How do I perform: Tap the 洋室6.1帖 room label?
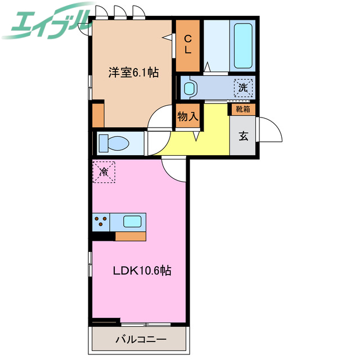click(x=133, y=72)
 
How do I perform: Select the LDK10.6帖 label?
click(x=142, y=271)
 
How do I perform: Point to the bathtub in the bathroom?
click(x=243, y=45)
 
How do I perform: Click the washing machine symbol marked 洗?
click(x=243, y=88)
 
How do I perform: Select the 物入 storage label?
click(x=187, y=117)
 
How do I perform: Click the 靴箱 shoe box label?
click(x=242, y=109)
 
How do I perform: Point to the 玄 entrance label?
click(x=244, y=136)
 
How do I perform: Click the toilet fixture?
click(x=116, y=143)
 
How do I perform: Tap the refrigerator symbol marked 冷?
click(x=104, y=171)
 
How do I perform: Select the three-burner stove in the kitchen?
click(x=101, y=222)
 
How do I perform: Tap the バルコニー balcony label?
click(x=141, y=340)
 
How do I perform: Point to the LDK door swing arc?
click(x=174, y=171)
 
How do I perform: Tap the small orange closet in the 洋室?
click(x=98, y=115)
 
